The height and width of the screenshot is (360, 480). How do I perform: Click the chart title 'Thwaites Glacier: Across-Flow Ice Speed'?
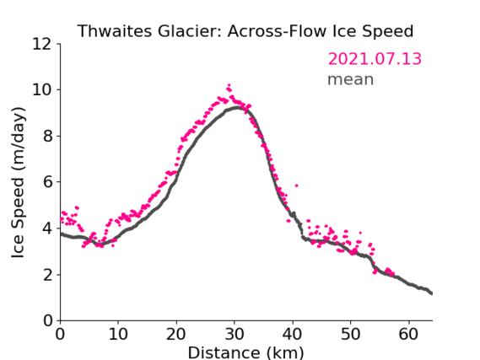[x=245, y=31]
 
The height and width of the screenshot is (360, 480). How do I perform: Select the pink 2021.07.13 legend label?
[x=375, y=59]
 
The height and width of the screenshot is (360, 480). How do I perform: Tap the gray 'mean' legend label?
[x=351, y=79]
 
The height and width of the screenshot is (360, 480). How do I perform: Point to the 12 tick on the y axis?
[x=42, y=44]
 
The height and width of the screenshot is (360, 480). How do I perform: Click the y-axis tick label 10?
[x=42, y=90]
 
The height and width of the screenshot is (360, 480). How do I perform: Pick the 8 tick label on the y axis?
[x=47, y=136]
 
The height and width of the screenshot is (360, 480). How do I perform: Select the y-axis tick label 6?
[x=47, y=182]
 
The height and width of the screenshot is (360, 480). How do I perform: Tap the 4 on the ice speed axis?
[x=47, y=228]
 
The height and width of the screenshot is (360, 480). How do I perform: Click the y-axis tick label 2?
[x=47, y=275]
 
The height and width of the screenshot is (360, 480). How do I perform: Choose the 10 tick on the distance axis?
[x=118, y=334]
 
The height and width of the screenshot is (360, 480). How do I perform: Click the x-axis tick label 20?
[x=176, y=334]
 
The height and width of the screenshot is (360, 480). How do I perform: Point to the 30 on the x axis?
[x=235, y=334]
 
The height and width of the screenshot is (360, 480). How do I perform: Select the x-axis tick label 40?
[x=293, y=334]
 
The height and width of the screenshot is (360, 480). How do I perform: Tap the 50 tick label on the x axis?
[x=351, y=334]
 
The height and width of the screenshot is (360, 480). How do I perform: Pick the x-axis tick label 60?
[x=408, y=334]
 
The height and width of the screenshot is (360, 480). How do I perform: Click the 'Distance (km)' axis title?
[x=245, y=352]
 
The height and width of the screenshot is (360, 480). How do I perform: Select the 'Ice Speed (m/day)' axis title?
[x=18, y=183]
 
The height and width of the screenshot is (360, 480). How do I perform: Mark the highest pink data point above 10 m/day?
[x=229, y=85]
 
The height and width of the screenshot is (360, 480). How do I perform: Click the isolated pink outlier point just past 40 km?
[x=296, y=185]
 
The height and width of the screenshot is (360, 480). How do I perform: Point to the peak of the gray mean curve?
[x=237, y=107]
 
